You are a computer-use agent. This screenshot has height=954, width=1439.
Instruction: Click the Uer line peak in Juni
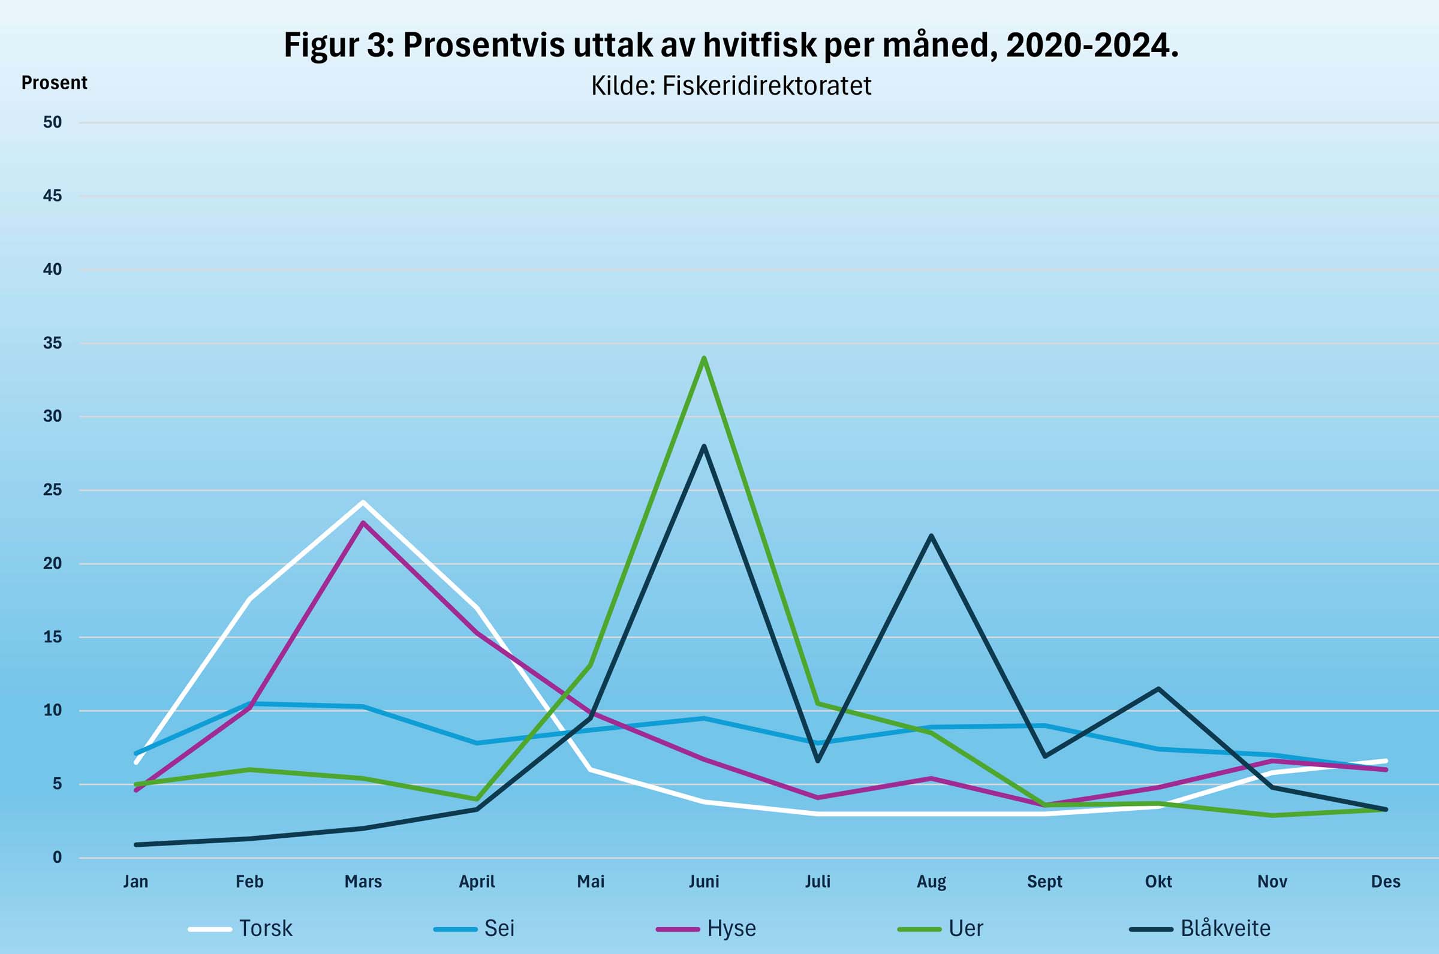point(704,358)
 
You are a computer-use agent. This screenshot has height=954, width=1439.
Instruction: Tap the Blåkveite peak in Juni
point(704,446)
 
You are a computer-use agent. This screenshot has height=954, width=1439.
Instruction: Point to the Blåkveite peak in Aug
point(931,535)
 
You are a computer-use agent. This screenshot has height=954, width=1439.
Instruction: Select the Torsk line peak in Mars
point(363,502)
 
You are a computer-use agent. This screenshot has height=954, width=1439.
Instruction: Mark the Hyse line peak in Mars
point(363,522)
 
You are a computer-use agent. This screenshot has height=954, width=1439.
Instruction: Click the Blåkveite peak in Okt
point(1158,688)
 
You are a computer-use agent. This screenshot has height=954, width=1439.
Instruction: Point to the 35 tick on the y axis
point(52,343)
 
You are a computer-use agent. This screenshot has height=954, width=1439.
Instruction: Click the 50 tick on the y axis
point(52,122)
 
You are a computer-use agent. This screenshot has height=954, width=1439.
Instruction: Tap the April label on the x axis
point(477,881)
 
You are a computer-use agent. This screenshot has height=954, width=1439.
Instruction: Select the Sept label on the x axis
point(1044,881)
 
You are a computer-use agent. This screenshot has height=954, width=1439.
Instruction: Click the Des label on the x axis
point(1386,881)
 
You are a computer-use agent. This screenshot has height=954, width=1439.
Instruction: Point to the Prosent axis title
point(54,83)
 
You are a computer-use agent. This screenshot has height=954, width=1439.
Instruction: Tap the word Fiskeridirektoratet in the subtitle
point(766,86)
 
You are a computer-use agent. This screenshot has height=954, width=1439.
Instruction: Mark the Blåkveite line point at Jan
point(136,844)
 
